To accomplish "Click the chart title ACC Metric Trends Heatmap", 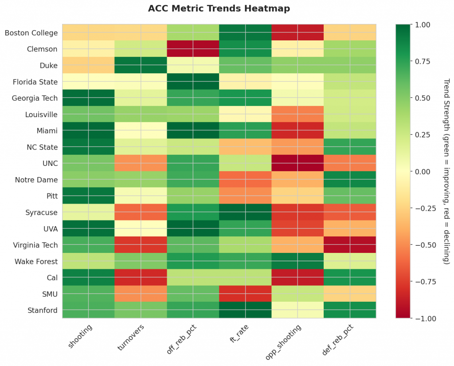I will pyautogui.click(x=219, y=9).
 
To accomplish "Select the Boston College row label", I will pyautogui.click(x=31, y=33).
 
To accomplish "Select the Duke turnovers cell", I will pyautogui.click(x=141, y=65).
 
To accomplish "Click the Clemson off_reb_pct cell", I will pyautogui.click(x=193, y=49).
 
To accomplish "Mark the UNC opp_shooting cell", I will pyautogui.click(x=297, y=163).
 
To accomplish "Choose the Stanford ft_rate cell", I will pyautogui.click(x=245, y=310).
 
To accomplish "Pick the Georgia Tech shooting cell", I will pyautogui.click(x=88, y=98).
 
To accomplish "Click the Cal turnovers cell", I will pyautogui.click(x=141, y=277).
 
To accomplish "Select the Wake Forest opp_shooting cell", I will pyautogui.click(x=297, y=261).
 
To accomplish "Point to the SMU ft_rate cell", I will pyautogui.click(x=245, y=294).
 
